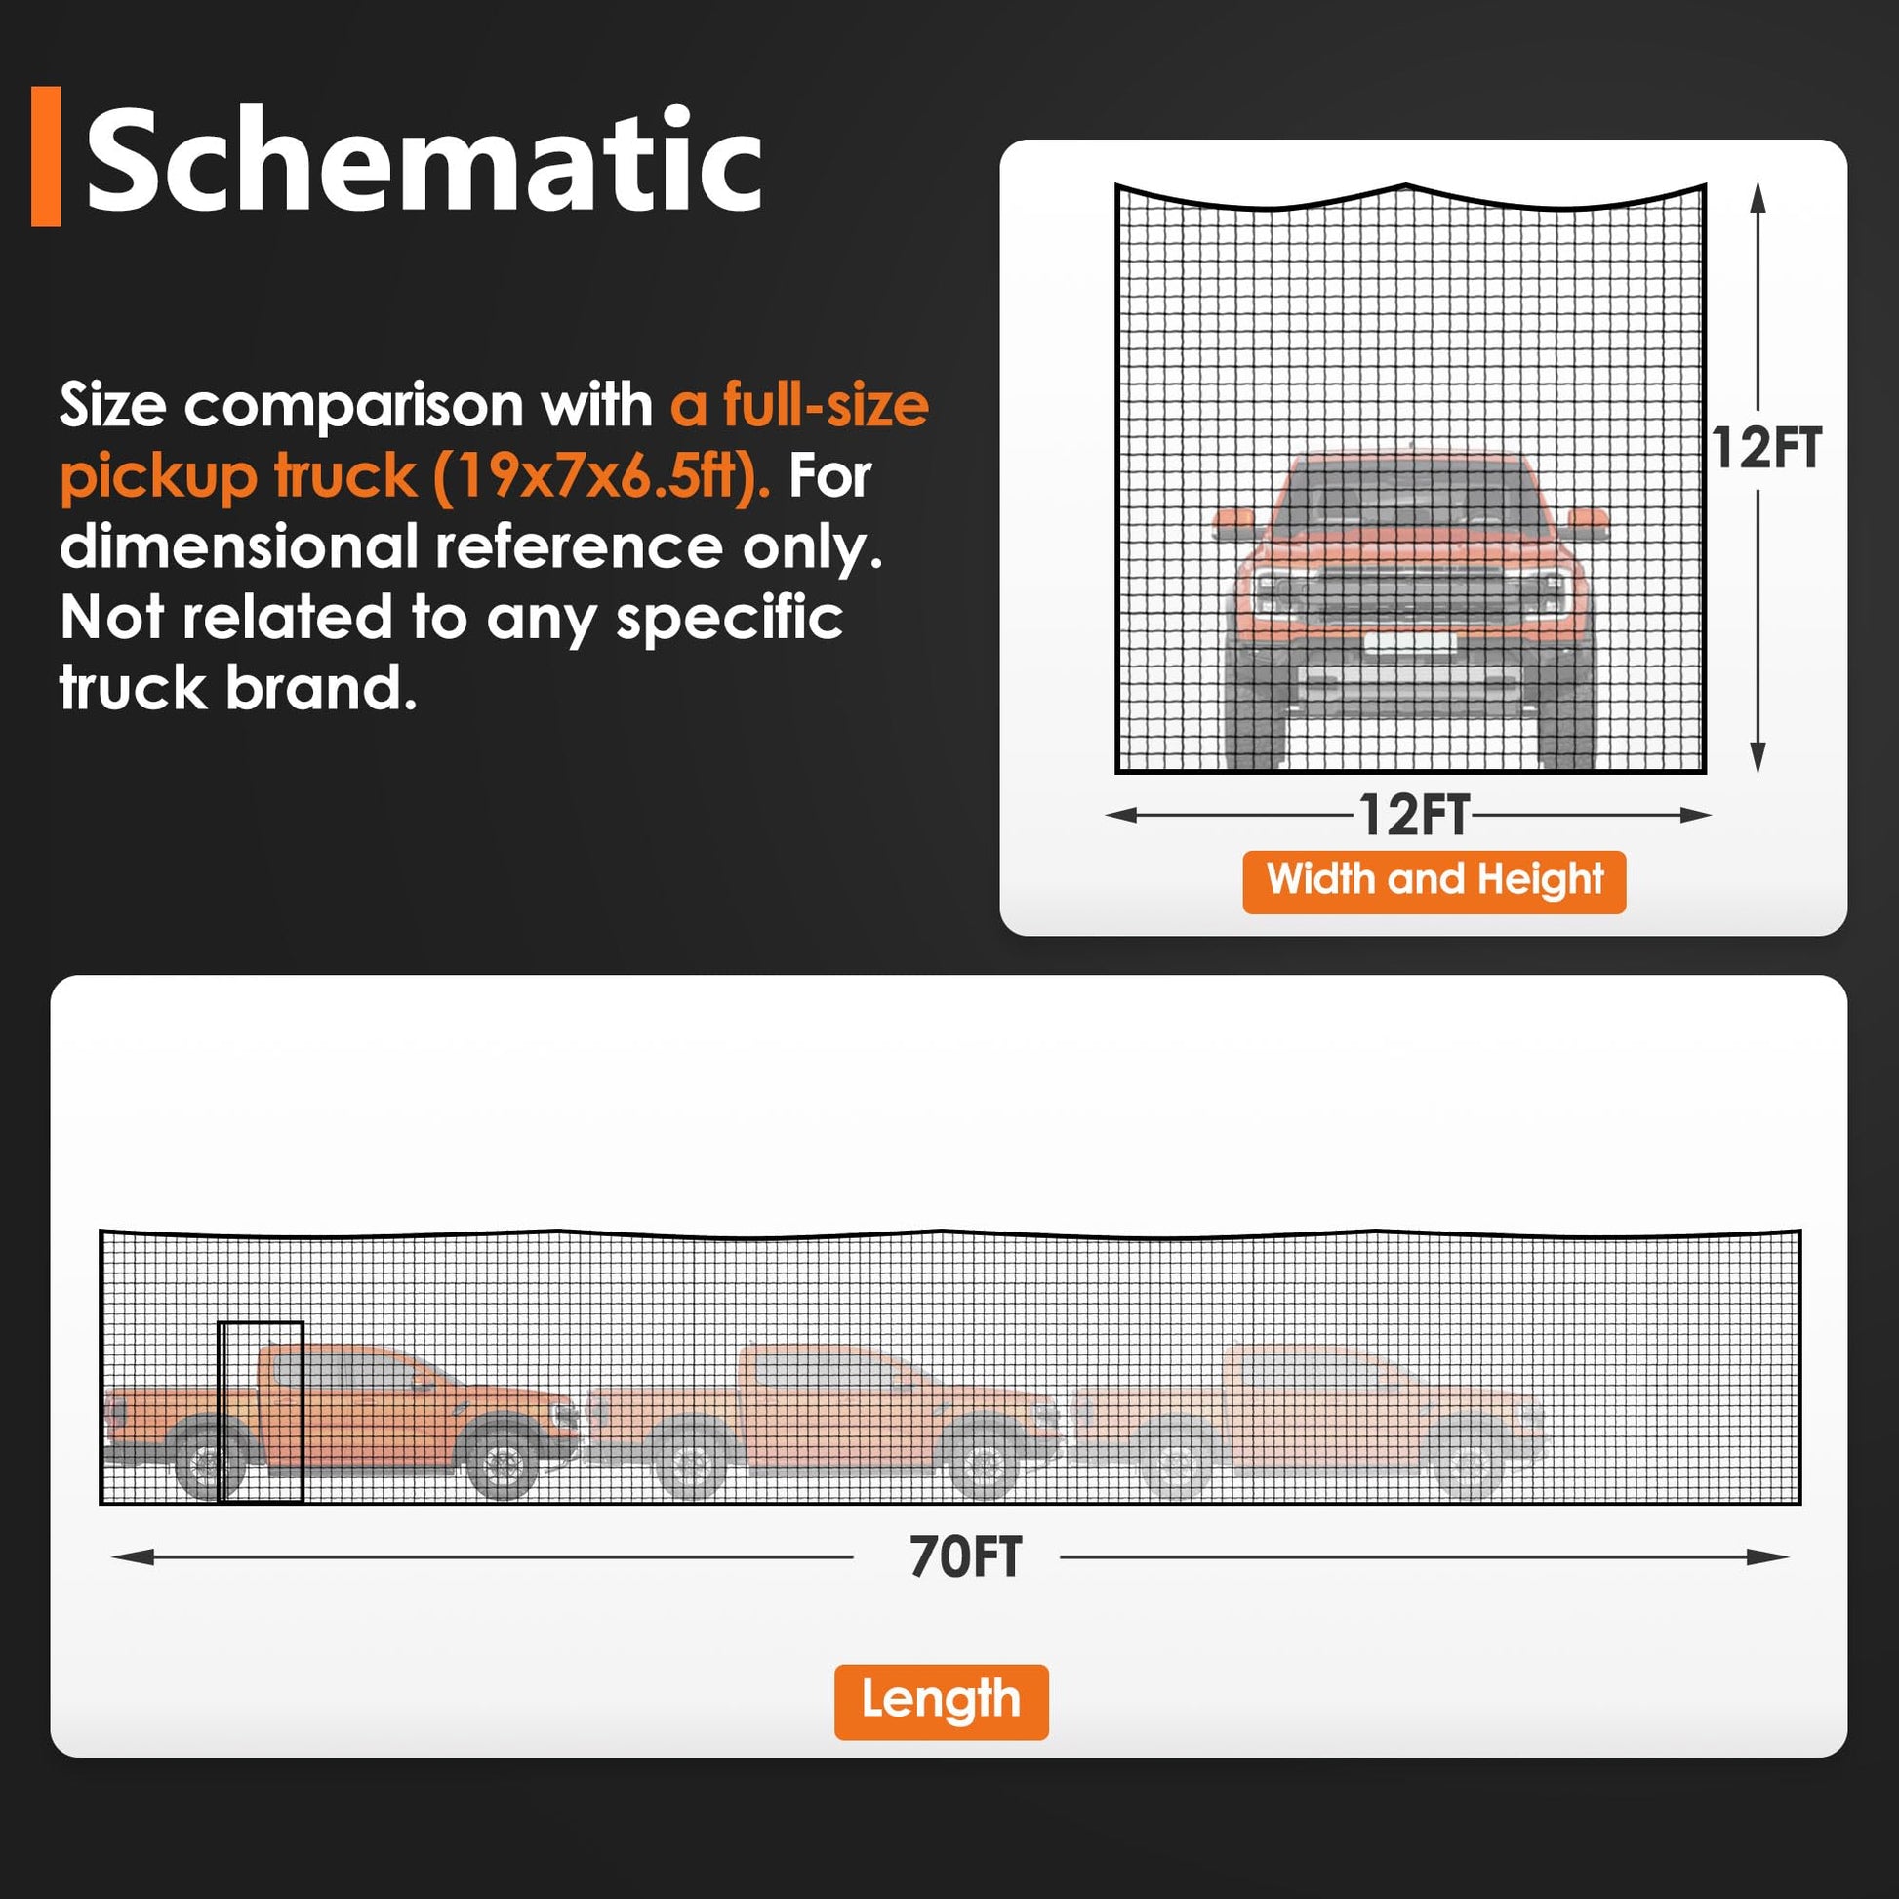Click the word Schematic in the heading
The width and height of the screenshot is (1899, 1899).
[x=424, y=160]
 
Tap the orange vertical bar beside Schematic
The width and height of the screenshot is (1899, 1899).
[x=46, y=156]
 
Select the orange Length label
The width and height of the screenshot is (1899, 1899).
[x=941, y=1702]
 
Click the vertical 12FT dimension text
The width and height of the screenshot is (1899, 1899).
[x=1766, y=448]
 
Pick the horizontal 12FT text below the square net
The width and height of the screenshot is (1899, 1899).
[x=1414, y=816]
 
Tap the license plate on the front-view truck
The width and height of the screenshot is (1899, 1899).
[x=1409, y=643]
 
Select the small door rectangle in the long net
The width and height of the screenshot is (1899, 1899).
[x=261, y=1411]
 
